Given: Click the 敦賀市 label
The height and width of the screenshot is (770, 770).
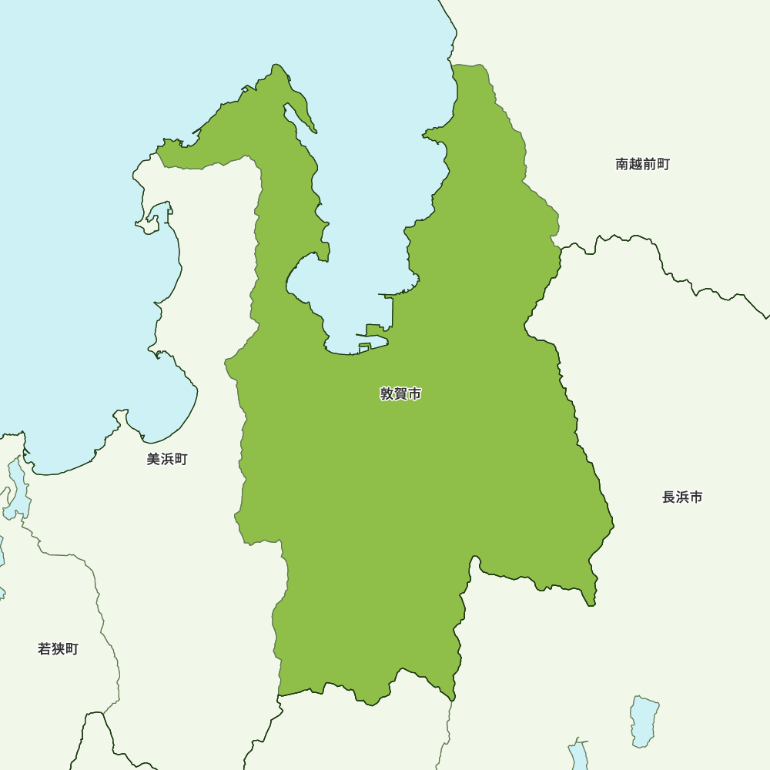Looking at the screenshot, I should (400, 394).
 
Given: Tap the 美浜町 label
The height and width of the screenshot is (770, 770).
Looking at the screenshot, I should (167, 460).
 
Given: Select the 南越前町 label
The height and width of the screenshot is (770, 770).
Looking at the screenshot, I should (642, 164).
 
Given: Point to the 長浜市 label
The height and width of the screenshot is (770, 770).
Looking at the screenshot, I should (682, 497).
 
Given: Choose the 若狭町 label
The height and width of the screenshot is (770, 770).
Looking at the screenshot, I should (58, 649).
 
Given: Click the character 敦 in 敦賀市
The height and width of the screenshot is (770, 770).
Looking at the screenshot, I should (387, 394).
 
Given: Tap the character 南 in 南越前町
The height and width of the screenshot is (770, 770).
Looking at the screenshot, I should (622, 164).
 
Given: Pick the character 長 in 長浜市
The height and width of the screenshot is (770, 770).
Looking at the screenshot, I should (668, 497).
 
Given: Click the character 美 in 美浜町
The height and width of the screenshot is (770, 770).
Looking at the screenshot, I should (153, 460).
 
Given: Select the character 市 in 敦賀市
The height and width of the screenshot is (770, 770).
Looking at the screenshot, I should (414, 394).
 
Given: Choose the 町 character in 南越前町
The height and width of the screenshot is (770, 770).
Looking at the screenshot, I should (663, 164).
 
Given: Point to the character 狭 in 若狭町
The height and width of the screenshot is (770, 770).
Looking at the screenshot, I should (58, 649).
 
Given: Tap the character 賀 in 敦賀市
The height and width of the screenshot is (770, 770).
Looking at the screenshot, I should (400, 394).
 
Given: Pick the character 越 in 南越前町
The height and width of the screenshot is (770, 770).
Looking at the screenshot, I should (636, 164).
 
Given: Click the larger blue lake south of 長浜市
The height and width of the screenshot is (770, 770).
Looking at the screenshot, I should (644, 721).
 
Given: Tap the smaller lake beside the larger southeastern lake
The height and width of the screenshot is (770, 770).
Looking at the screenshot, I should (578, 755).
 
